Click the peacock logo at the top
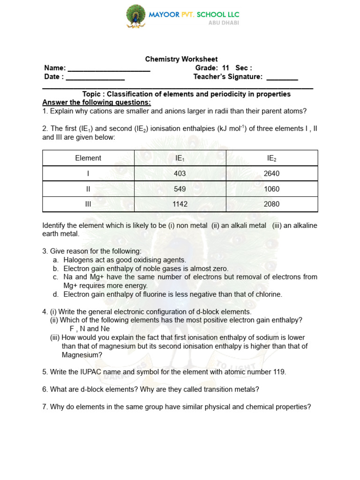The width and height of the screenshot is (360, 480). [135, 16]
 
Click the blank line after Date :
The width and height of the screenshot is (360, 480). [95, 77]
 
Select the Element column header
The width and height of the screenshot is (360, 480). [88, 158]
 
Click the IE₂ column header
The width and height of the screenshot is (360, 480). [272, 158]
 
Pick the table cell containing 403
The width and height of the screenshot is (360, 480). [180, 173]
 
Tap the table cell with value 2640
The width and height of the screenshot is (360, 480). [272, 173]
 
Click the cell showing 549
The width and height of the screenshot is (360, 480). [180, 189]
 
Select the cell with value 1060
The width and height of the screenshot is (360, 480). [272, 189]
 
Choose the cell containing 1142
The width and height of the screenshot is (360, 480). [180, 204]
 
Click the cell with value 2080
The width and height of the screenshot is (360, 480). [272, 204]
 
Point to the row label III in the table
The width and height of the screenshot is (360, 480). [88, 204]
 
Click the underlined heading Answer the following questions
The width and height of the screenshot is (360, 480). [97, 103]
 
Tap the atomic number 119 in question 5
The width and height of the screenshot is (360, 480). [278, 372]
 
